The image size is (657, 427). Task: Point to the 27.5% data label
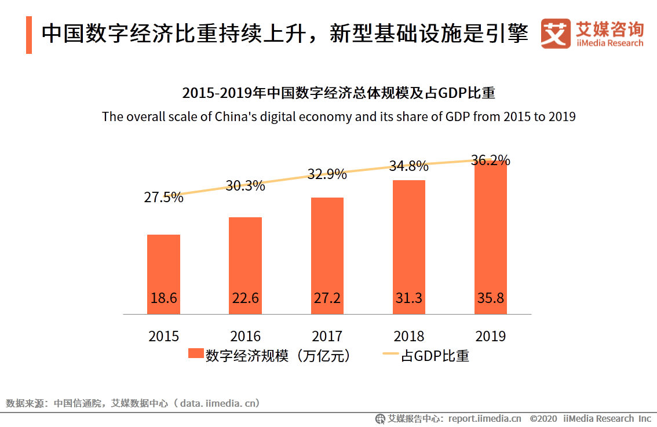click(x=163, y=197)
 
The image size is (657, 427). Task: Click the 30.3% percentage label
click(x=245, y=186)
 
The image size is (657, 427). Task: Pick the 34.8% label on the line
click(x=408, y=166)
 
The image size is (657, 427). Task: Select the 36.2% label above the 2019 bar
click(x=491, y=160)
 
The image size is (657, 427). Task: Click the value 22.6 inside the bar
click(x=245, y=298)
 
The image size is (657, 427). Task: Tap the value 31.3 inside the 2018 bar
click(x=408, y=298)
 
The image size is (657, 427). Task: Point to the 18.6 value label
click(x=163, y=298)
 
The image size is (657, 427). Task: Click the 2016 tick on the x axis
click(x=245, y=336)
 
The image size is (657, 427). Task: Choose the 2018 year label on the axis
click(x=408, y=336)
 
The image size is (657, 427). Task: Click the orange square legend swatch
click(x=196, y=355)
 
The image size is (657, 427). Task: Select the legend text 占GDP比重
click(x=435, y=355)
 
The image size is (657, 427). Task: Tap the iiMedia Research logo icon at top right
click(x=555, y=34)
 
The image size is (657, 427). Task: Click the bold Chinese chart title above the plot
click(x=338, y=93)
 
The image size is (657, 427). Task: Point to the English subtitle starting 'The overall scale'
click(x=338, y=116)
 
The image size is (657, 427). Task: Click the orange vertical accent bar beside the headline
click(x=29, y=35)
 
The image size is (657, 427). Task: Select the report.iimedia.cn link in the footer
click(x=484, y=418)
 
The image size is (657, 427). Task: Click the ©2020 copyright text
click(x=543, y=418)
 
